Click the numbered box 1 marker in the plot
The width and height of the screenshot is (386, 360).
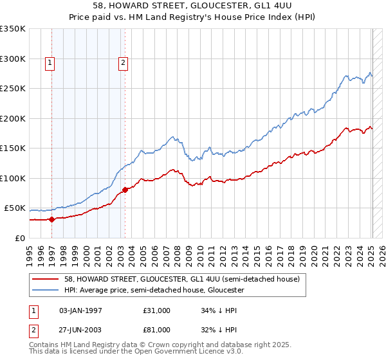click(x=50, y=63)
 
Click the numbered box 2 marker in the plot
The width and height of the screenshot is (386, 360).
click(x=122, y=63)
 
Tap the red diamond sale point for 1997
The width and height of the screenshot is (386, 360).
click(x=52, y=219)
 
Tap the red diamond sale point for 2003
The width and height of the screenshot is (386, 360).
click(x=125, y=190)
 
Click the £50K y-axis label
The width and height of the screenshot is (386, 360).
click(x=15, y=208)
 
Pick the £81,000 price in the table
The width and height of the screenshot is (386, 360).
click(x=157, y=331)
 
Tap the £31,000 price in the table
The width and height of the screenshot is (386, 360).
click(x=157, y=310)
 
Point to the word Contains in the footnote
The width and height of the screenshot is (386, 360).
click(x=45, y=345)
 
